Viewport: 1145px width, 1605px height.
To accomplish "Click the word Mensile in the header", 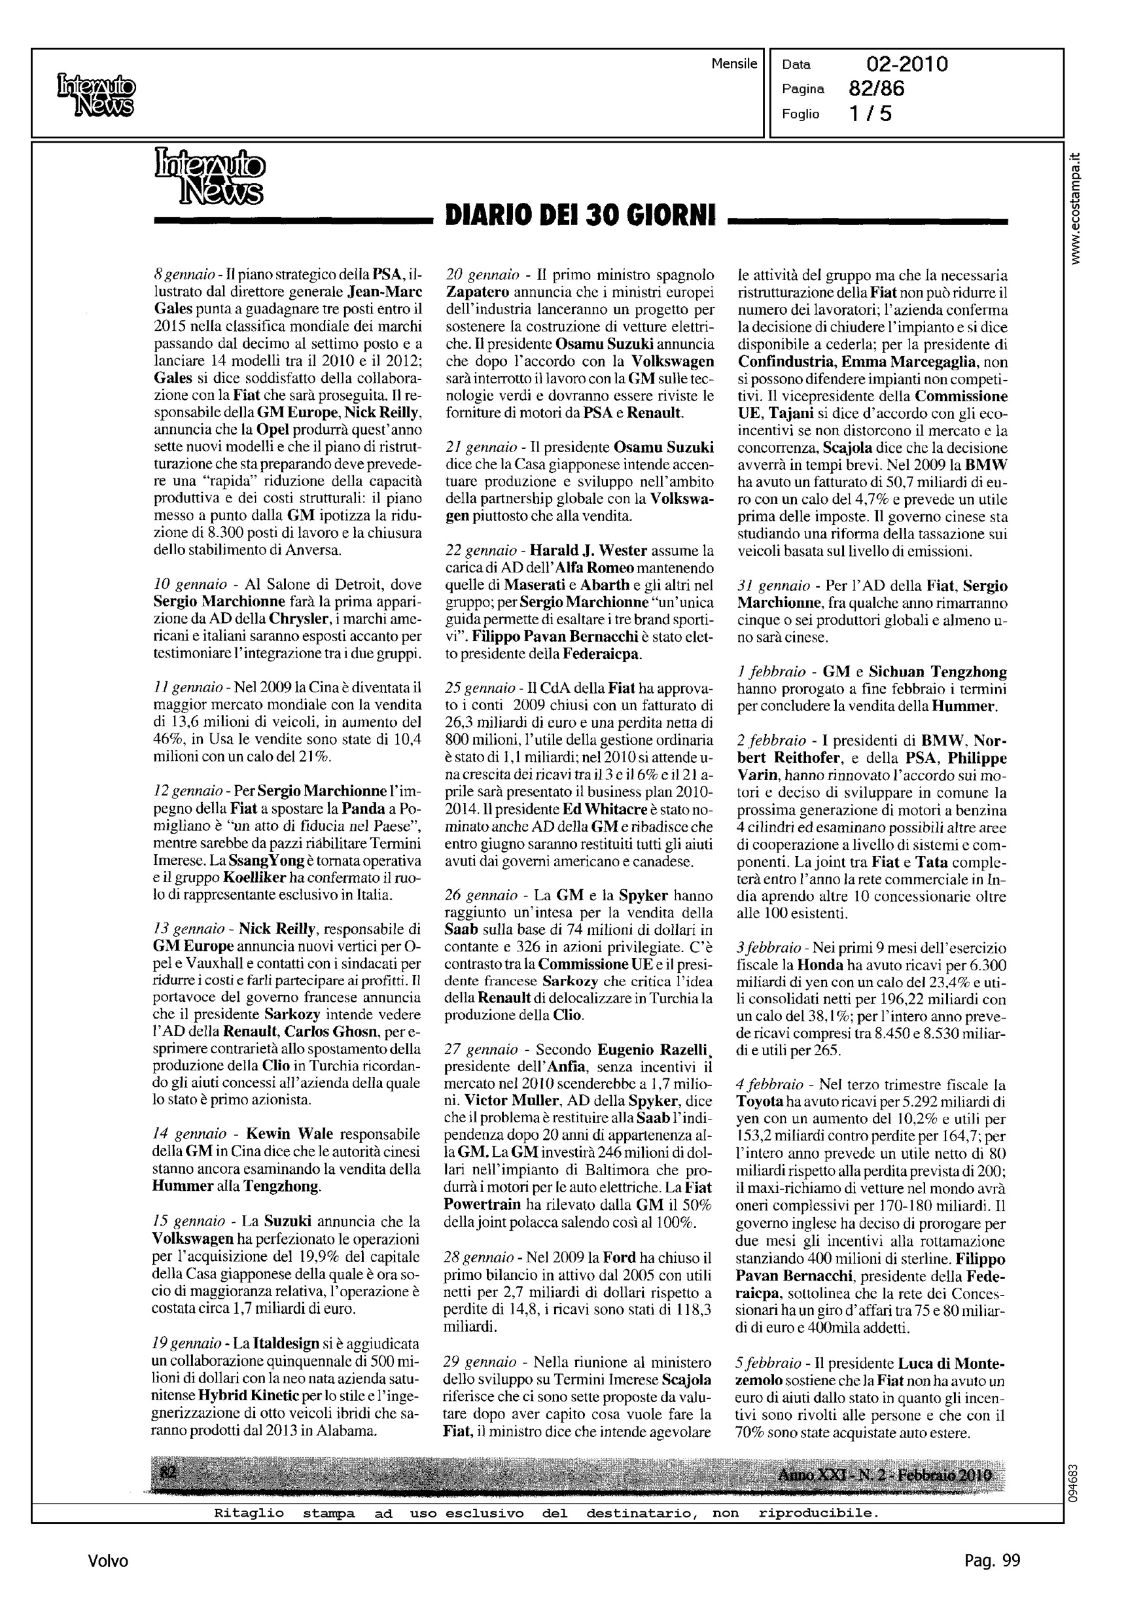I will click(733, 64).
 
